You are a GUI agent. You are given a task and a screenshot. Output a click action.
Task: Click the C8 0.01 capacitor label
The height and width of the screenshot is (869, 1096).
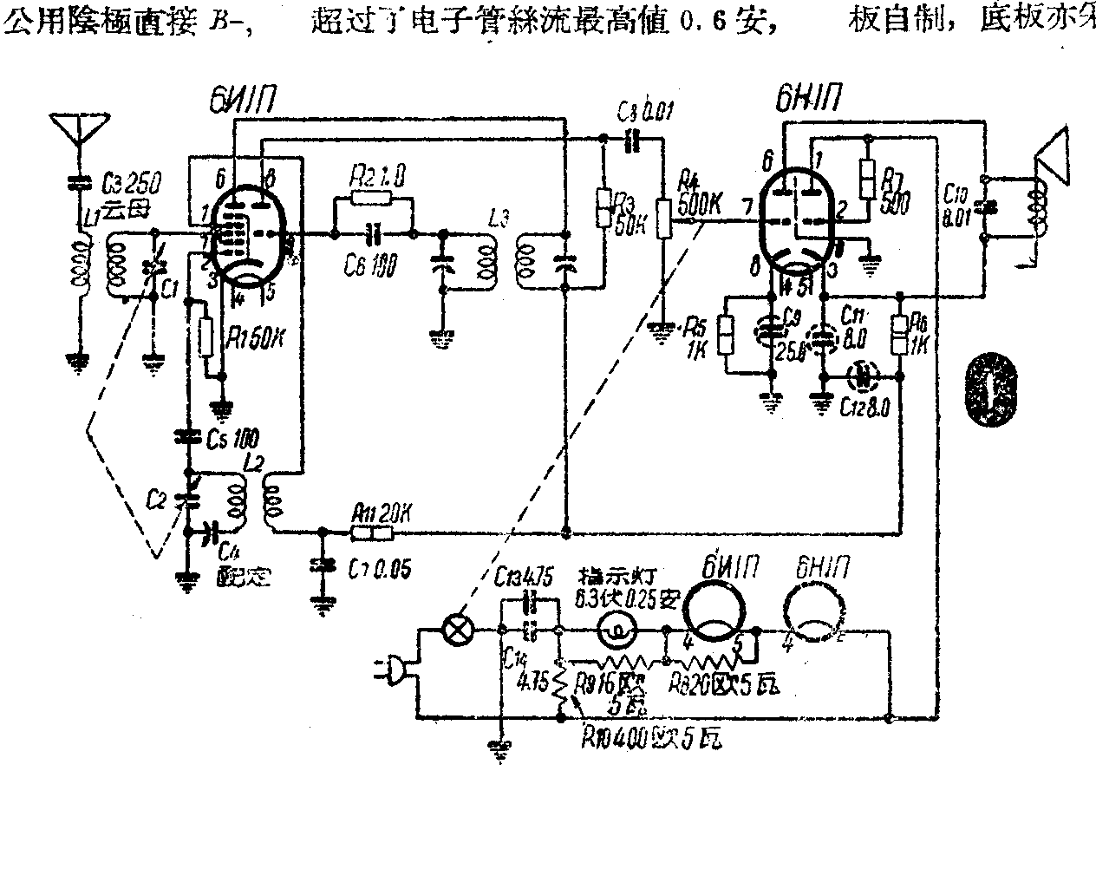645,112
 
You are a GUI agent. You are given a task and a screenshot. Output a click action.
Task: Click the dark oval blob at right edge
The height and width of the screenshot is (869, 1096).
992,390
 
